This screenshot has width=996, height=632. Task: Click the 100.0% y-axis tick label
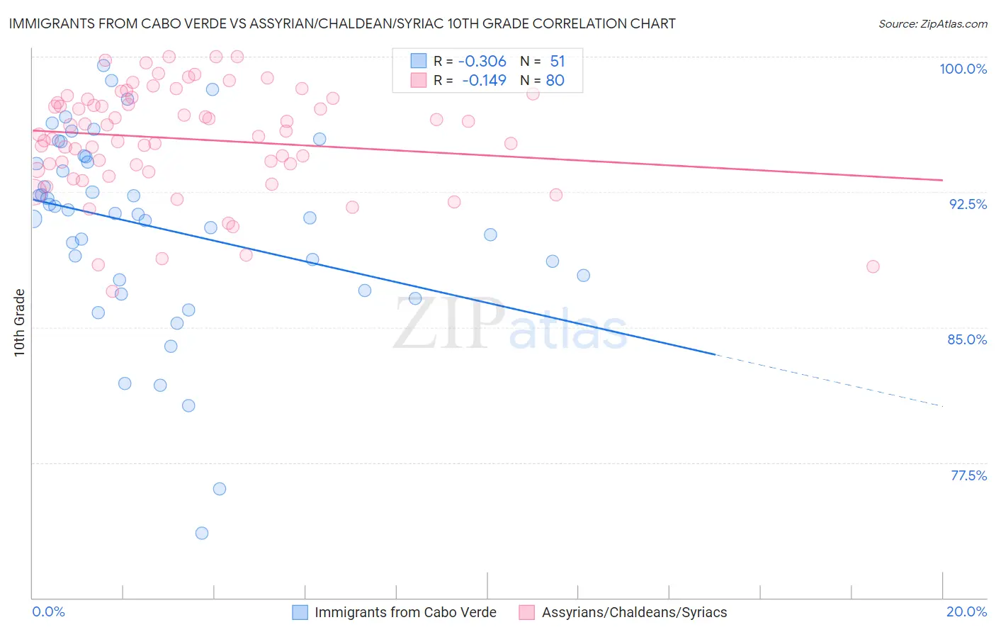tap(963, 69)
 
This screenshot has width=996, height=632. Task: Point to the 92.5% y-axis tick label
tap(968, 204)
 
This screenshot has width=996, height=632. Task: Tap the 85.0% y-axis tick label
tap(967, 339)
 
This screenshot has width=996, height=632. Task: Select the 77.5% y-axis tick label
tap(968, 475)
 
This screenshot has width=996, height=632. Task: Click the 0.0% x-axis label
tap(48, 611)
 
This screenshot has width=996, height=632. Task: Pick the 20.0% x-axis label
tap(966, 611)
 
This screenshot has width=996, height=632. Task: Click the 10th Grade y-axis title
tap(19, 322)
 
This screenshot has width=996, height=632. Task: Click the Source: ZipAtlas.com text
tap(932, 24)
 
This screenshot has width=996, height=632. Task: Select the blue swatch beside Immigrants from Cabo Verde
tap(300, 612)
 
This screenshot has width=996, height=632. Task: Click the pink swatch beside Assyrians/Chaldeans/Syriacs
tap(526, 612)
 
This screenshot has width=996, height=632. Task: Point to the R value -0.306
tap(482, 62)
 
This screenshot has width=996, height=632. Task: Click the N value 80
tap(555, 81)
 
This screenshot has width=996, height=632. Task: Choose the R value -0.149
tap(484, 81)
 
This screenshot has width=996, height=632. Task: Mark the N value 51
tap(558, 62)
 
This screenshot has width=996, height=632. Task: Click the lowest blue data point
tap(202, 533)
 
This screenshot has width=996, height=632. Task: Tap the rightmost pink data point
tap(873, 266)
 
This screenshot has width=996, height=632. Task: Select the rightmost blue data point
tap(583, 275)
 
